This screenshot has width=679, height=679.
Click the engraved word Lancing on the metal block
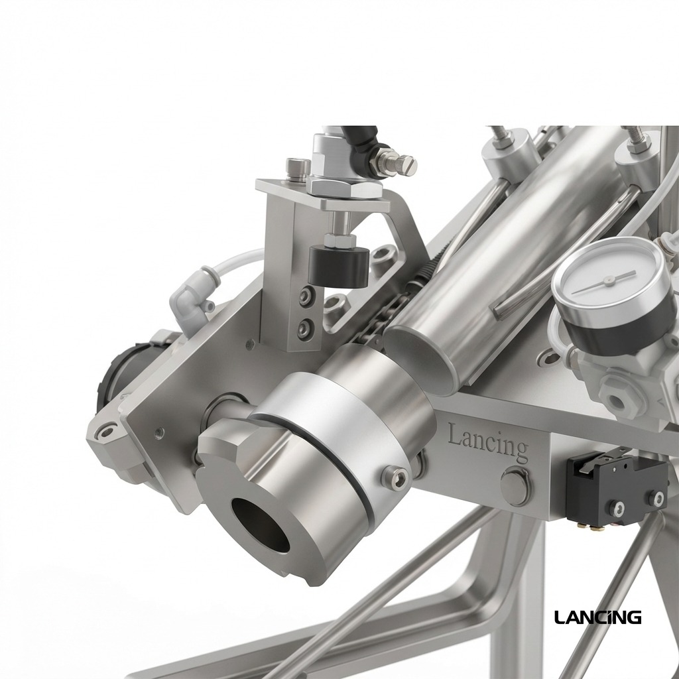pos(488,441)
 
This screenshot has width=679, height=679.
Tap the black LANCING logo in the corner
pos(597,617)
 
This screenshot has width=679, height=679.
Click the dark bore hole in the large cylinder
pos(260,525)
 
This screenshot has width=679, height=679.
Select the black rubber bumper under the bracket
pos(339,267)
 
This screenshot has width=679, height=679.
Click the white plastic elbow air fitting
pos(194,299)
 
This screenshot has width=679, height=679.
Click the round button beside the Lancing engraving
pos(515,486)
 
